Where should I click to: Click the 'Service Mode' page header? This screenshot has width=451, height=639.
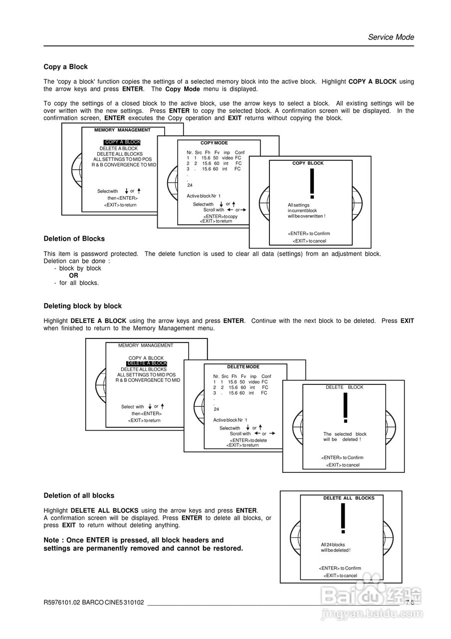[391, 37]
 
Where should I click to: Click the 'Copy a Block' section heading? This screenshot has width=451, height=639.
[65, 67]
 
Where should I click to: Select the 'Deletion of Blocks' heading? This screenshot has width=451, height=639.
[74, 239]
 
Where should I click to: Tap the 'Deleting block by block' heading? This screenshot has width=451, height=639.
[82, 306]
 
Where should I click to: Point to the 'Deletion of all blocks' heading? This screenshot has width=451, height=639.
[79, 496]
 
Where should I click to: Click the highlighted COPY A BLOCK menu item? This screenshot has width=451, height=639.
[122, 142]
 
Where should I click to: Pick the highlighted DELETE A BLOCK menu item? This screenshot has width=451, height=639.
[146, 363]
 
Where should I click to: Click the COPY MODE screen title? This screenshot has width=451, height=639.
[214, 143]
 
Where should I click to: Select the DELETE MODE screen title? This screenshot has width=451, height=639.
[243, 367]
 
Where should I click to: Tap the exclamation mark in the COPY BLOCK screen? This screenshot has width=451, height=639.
[312, 184]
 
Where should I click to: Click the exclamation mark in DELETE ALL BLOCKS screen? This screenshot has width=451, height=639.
[343, 519]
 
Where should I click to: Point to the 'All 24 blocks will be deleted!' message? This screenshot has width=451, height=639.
[335, 548]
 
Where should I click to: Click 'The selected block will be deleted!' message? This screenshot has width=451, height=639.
[345, 437]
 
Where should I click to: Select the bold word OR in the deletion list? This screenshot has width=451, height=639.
[73, 276]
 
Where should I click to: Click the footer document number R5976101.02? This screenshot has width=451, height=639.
[62, 603]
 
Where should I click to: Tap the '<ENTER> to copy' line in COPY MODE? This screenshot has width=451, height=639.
[220, 216]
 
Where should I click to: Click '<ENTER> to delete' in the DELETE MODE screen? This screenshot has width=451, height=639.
[248, 440]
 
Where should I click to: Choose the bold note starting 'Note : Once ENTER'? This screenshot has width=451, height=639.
[143, 544]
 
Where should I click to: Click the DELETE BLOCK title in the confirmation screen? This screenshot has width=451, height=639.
[344, 387]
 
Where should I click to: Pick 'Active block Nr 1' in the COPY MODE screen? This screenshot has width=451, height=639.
[204, 196]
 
